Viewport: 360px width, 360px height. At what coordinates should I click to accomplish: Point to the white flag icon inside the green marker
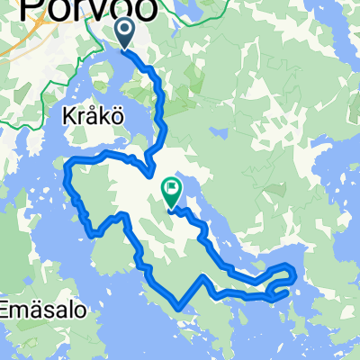[x=171, y=188]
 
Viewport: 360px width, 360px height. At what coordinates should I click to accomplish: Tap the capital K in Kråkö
[x=68, y=118]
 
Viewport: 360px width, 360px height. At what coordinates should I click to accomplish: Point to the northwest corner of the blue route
[x=67, y=164]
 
